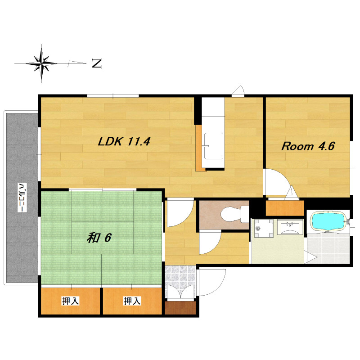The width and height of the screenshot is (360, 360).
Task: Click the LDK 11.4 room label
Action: [x=124, y=141]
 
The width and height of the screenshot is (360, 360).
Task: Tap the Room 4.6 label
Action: [x=308, y=146]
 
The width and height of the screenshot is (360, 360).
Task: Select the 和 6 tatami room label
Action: [x=99, y=238]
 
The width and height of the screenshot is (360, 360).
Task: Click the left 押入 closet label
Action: [x=71, y=301]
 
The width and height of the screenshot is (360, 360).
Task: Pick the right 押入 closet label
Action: [x=132, y=301]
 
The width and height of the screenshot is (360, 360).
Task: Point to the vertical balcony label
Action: [x=22, y=198]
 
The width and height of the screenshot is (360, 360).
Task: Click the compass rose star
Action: [x=41, y=63]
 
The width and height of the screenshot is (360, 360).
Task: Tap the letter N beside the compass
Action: [x=97, y=63]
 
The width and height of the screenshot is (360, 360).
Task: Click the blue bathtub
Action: [x=328, y=221]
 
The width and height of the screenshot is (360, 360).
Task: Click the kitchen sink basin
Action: [x=213, y=146]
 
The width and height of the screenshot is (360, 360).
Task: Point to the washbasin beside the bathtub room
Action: [x=290, y=227]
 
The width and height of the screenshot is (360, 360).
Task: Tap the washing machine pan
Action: [x=264, y=229]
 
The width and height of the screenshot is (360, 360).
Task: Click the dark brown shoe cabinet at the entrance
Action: [x=180, y=308]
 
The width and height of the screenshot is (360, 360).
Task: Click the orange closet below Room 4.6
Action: [x=285, y=208]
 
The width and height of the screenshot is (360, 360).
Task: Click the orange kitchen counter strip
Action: [x=198, y=148]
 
